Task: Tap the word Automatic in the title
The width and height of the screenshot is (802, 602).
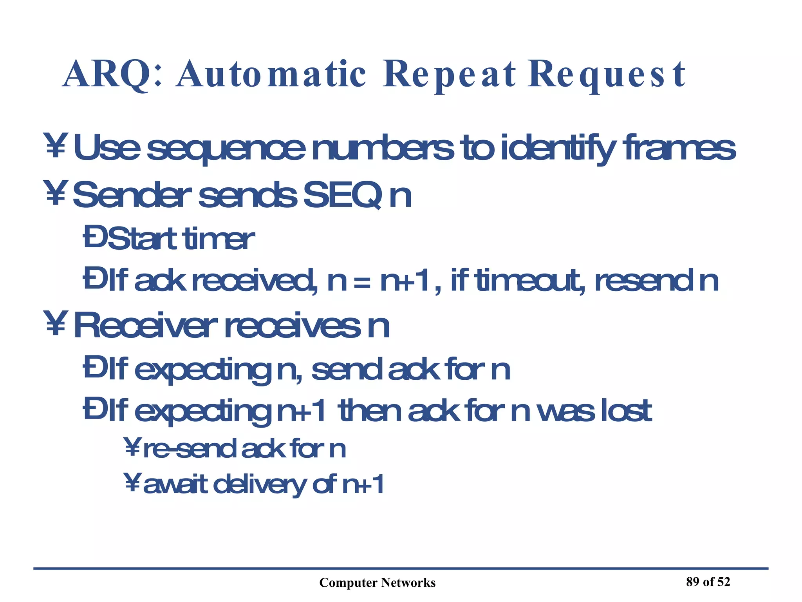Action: pyautogui.click(x=271, y=74)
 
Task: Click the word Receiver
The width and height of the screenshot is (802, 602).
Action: pyautogui.click(x=145, y=325)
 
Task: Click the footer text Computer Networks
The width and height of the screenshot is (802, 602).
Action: pyautogui.click(x=377, y=583)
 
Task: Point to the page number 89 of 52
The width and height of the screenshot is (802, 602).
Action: pyautogui.click(x=708, y=582)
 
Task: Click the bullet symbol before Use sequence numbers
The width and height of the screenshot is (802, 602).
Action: pyautogui.click(x=55, y=146)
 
